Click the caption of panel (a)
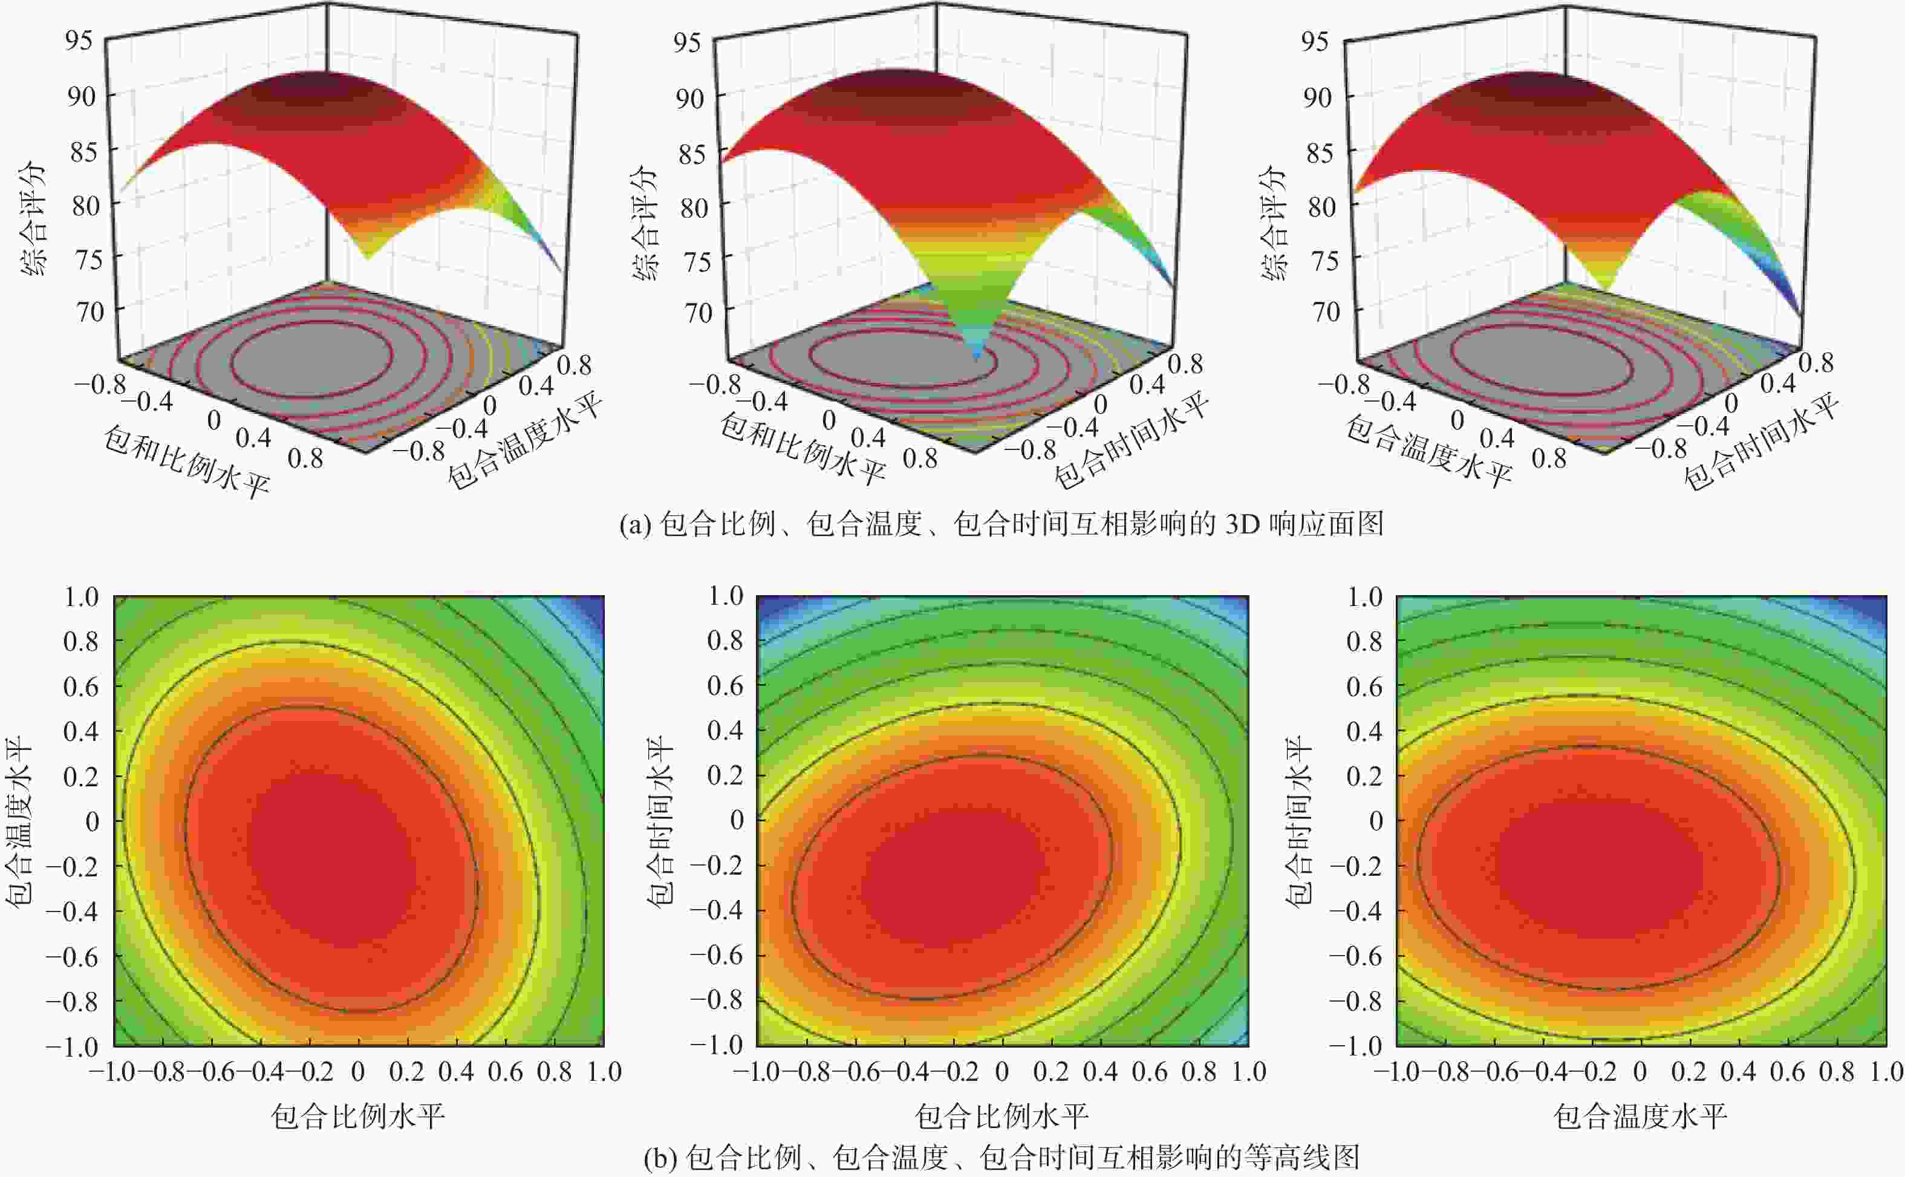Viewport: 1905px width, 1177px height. (x=1001, y=524)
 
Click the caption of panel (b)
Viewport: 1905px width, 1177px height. (x=1001, y=1158)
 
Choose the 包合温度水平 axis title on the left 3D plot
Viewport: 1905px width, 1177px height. (x=526, y=440)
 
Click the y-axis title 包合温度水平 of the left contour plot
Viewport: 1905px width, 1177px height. (x=19, y=822)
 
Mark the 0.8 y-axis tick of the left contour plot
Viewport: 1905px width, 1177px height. (x=81, y=642)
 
